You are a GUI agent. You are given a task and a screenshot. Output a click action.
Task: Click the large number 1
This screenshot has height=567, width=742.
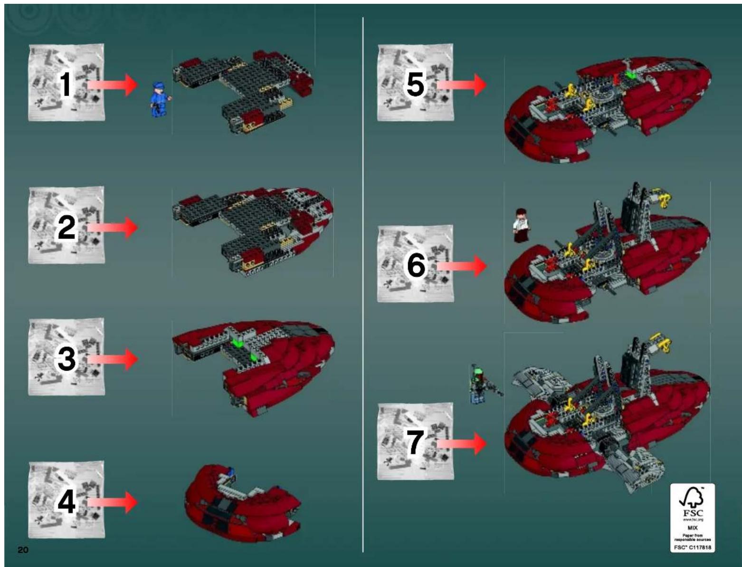tap(66, 84)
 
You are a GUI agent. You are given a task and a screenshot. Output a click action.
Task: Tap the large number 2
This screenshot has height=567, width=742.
tap(67, 227)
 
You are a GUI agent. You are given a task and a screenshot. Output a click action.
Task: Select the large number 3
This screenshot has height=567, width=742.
tap(67, 358)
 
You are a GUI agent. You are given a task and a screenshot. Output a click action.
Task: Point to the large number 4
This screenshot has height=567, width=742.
tap(67, 501)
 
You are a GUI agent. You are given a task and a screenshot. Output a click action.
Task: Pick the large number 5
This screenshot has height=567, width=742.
tap(415, 84)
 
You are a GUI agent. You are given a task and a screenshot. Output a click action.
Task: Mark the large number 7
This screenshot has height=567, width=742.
tap(415, 442)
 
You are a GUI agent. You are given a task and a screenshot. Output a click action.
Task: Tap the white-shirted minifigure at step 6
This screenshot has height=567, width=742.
tap(521, 225)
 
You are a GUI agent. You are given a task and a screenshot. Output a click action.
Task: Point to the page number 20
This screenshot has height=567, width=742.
tap(23, 550)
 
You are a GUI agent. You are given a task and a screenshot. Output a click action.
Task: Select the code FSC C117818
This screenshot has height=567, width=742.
tap(693, 548)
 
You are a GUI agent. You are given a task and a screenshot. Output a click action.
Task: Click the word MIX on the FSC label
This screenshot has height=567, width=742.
tap(693, 528)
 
